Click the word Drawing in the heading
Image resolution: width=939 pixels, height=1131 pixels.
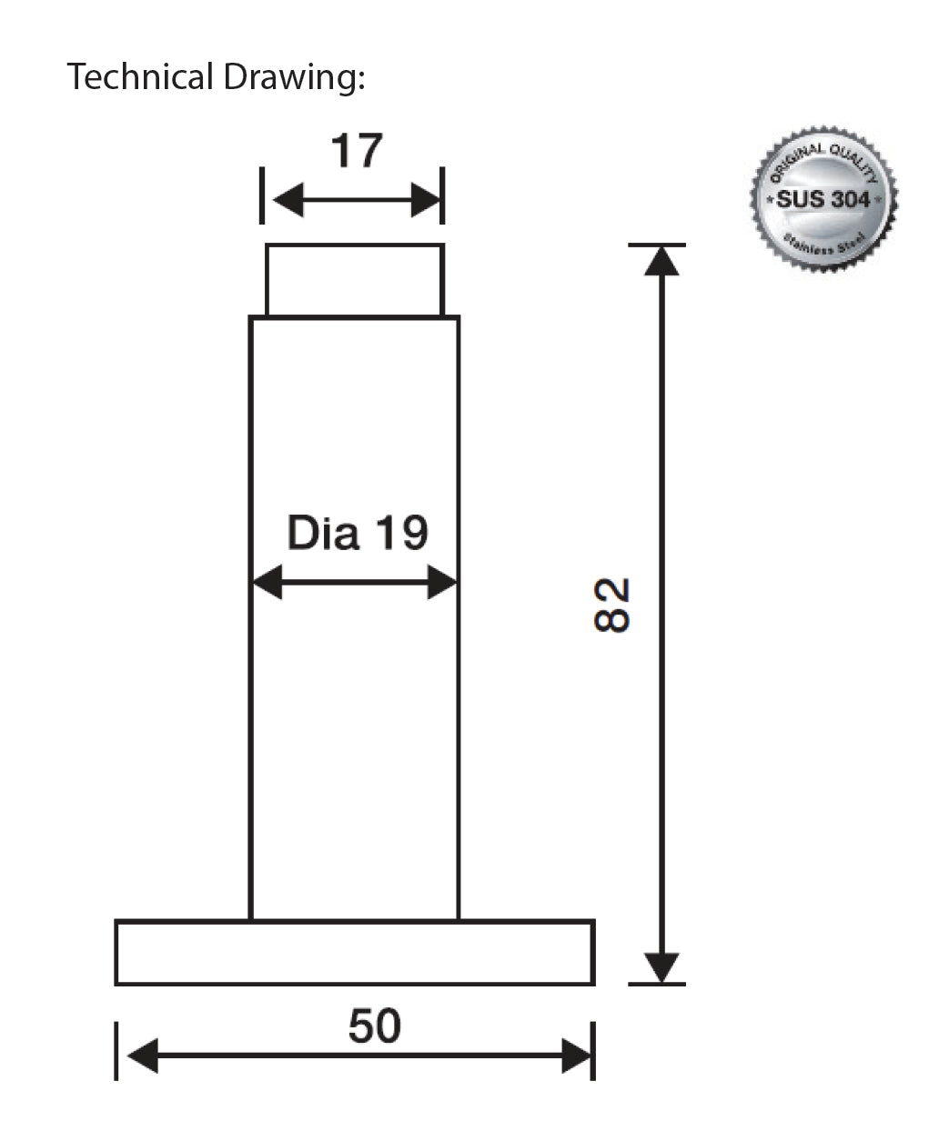[289, 79]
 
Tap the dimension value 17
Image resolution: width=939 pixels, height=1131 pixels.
[357, 151]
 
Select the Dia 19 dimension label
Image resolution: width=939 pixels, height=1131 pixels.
[358, 533]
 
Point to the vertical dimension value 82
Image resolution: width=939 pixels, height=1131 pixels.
[612, 605]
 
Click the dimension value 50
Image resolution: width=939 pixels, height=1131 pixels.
[374, 1026]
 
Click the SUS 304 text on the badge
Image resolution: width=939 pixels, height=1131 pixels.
[823, 199]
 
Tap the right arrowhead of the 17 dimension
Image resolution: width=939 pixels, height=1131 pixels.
[426, 200]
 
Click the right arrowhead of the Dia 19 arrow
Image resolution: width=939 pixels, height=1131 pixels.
[442, 582]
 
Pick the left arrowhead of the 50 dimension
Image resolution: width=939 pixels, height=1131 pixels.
[142, 1056]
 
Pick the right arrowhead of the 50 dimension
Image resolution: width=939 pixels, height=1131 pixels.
[577, 1056]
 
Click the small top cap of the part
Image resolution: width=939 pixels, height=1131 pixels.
[354, 280]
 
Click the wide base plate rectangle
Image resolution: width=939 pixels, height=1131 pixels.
[355, 953]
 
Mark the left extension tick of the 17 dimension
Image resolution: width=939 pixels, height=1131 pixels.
[262, 195]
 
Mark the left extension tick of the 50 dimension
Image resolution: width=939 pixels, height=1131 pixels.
[116, 1051]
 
